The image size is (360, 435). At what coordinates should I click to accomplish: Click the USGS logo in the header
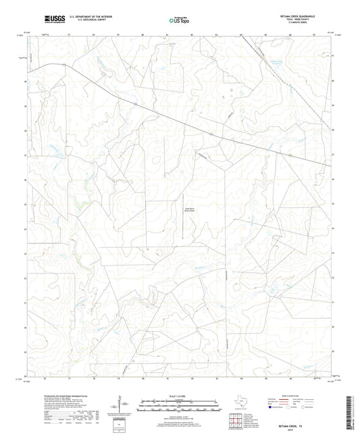click(53, 17)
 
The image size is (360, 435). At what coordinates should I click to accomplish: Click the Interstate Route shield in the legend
click(270, 407)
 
